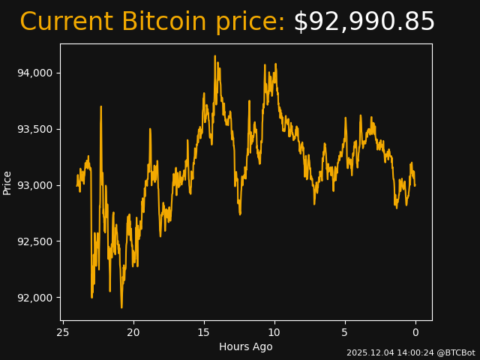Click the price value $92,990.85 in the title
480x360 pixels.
pos(364,22)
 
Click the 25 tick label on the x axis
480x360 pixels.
pos(63,332)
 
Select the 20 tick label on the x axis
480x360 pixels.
pos(133,332)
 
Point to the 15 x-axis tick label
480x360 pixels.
pos(204,332)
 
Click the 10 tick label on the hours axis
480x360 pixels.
pos(274,332)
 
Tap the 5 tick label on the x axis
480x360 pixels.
pos(345,332)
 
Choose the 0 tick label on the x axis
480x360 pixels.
pos(415,332)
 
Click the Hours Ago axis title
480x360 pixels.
pos(246,346)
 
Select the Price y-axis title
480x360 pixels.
pos(7,182)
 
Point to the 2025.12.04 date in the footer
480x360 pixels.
pos(367,352)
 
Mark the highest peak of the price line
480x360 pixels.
pos(214,56)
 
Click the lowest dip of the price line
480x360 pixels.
pos(121,307)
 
